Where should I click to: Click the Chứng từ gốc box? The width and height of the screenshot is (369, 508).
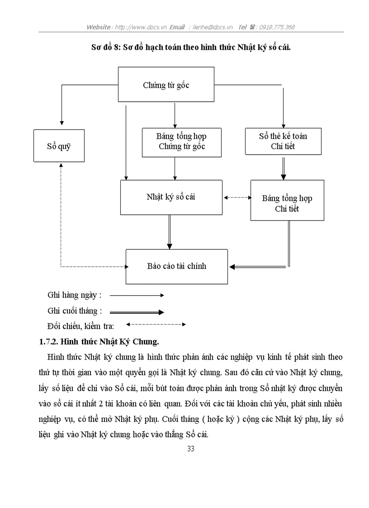[166, 85]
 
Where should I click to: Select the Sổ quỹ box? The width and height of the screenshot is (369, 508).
[59, 146]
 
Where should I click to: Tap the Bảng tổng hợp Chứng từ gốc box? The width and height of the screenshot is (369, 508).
[182, 142]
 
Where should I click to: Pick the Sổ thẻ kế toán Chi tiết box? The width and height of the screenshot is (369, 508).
[283, 141]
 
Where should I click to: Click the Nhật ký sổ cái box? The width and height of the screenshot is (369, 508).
[171, 197]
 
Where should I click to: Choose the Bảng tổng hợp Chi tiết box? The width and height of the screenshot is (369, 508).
[287, 203]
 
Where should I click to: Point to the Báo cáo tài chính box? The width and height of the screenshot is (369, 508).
[176, 266]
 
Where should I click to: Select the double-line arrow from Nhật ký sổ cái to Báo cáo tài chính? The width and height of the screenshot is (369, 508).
[170, 232]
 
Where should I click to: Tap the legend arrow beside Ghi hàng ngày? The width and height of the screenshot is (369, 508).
[137, 295]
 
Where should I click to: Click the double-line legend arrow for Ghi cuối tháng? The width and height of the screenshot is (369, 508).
[137, 312]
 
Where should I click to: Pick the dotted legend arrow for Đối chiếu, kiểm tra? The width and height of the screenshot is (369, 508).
[156, 324]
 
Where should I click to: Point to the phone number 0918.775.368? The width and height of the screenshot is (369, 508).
[277, 27]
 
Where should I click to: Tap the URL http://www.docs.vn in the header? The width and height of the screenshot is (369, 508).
[140, 27]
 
